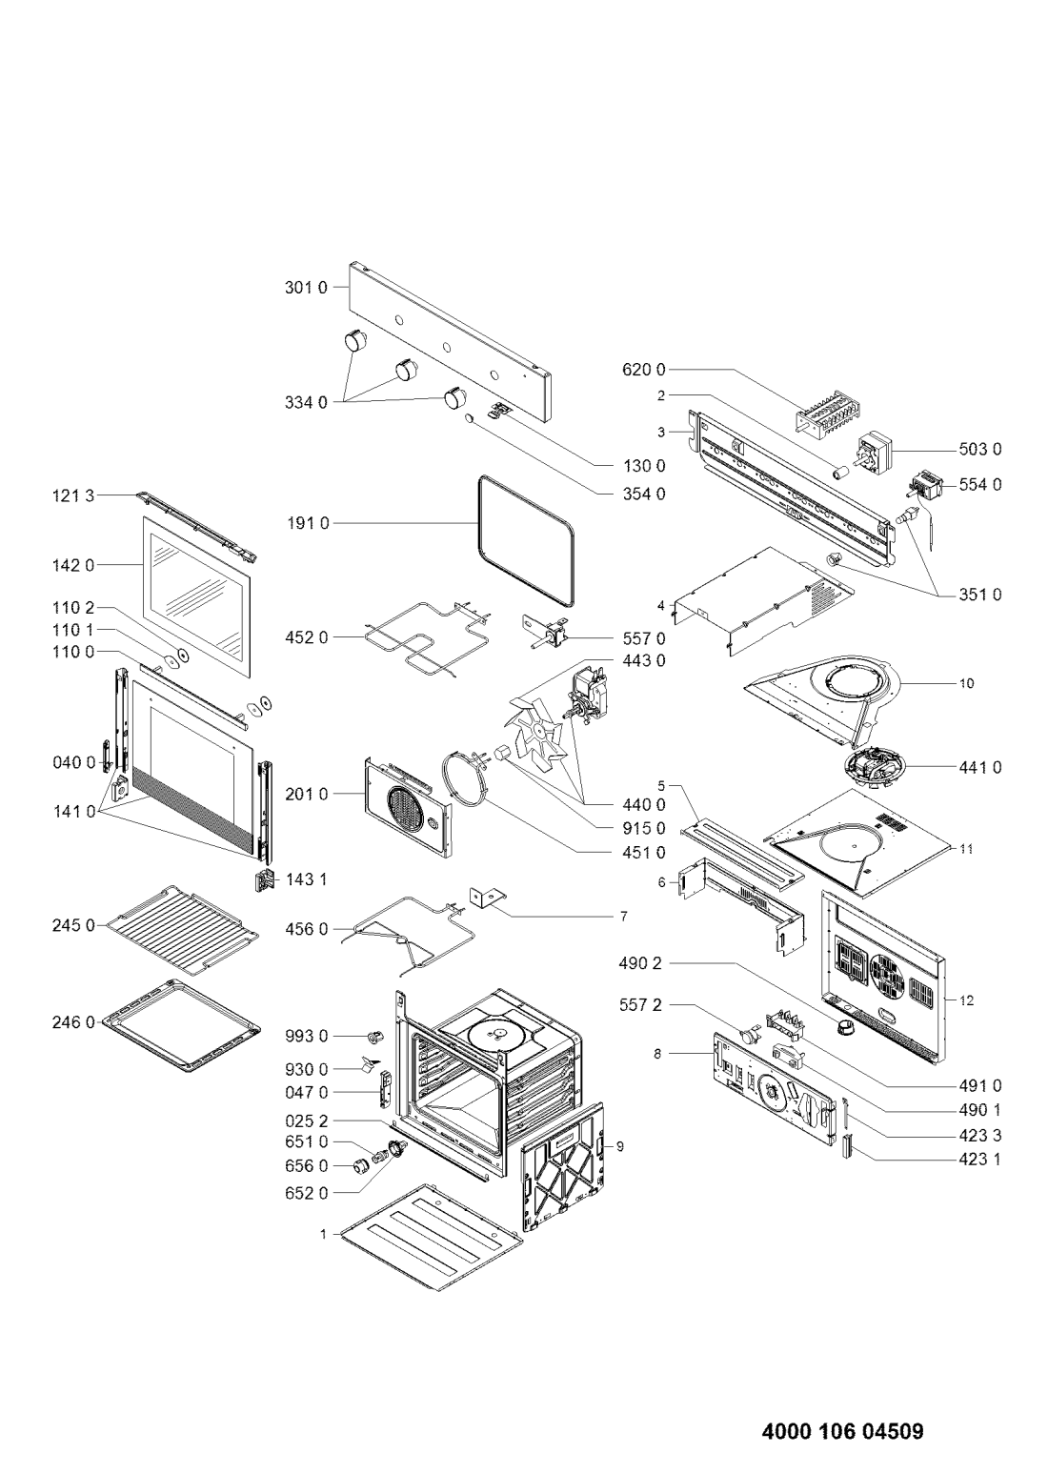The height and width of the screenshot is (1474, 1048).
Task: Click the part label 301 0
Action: click(305, 288)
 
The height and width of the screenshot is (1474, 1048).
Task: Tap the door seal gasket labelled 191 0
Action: click(525, 539)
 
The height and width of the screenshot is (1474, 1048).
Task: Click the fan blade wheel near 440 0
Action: click(534, 731)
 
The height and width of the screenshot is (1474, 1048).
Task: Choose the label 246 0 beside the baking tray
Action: click(73, 1022)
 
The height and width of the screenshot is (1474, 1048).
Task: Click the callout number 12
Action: click(966, 1000)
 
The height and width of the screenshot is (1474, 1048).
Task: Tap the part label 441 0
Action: click(980, 767)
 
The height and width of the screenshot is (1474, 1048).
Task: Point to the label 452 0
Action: click(306, 637)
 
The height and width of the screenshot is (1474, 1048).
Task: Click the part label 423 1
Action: click(980, 1160)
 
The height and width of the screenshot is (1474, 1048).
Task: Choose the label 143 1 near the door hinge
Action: click(306, 879)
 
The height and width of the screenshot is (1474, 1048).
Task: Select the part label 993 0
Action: click(306, 1037)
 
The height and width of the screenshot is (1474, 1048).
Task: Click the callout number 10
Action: click(966, 684)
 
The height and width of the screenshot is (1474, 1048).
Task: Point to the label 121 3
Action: click(73, 495)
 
